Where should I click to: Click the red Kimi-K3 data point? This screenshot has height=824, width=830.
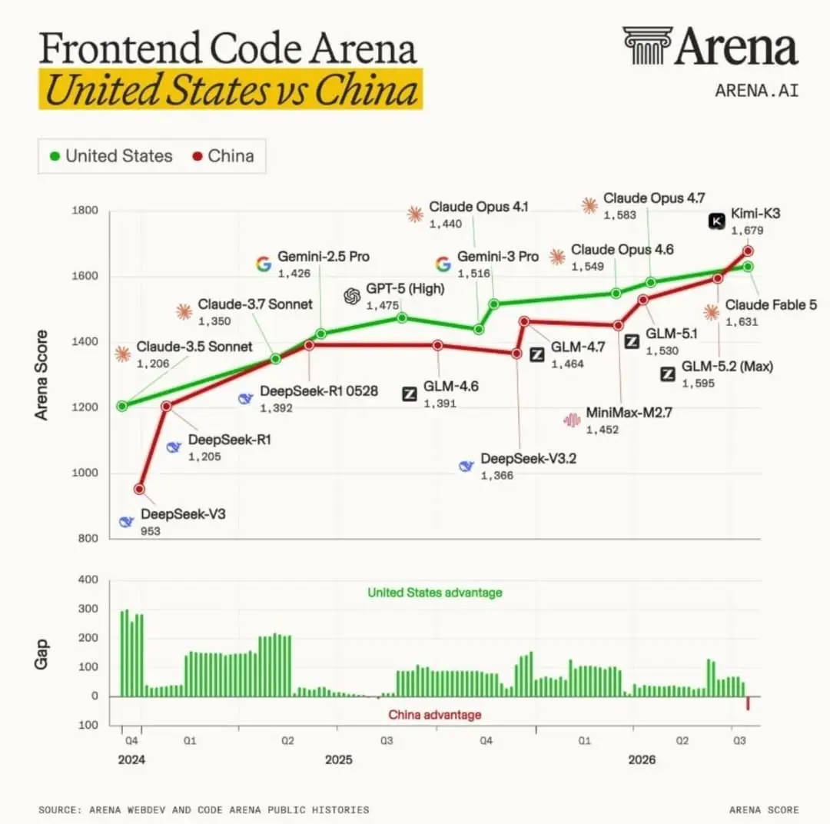tap(748, 251)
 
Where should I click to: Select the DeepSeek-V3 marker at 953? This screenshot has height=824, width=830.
tap(139, 489)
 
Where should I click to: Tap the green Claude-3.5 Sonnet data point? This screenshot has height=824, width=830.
tap(122, 406)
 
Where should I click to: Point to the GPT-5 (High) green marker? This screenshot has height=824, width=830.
tap(402, 317)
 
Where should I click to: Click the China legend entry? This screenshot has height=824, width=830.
tap(224, 156)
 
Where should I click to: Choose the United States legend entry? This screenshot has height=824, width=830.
tap(111, 156)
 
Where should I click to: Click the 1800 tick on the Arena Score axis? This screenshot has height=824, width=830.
tap(85, 211)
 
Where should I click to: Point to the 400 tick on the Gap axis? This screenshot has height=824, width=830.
tap(88, 580)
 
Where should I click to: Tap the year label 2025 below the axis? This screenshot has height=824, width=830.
tap(339, 760)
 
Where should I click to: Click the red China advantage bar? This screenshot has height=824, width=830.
tap(748, 703)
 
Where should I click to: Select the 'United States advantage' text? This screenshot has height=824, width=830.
tap(435, 593)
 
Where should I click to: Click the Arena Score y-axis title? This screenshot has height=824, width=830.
tap(41, 375)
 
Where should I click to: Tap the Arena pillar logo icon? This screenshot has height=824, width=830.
tap(647, 45)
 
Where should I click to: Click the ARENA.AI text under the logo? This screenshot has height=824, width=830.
tap(757, 91)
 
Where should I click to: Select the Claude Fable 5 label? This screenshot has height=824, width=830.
tap(771, 305)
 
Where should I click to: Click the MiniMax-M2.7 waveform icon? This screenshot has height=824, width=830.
tap(572, 420)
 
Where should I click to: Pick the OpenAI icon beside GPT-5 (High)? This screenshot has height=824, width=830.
tap(352, 296)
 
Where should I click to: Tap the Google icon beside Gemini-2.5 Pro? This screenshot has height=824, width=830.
tap(264, 264)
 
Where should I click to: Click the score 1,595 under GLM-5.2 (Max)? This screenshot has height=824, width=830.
tap(698, 383)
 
